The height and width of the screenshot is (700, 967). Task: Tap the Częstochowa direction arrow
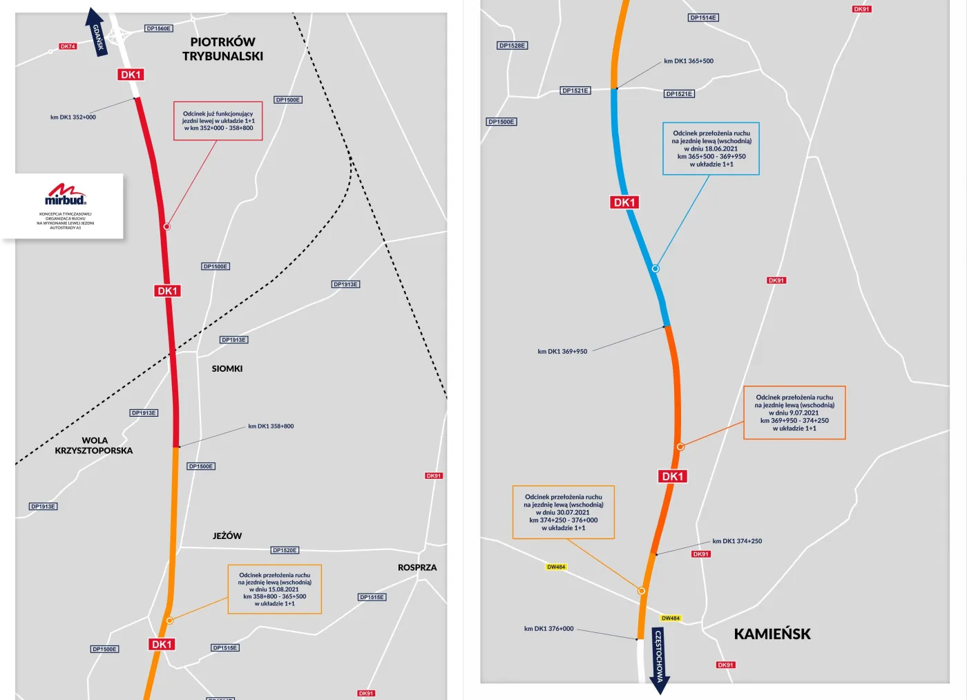point(659,660)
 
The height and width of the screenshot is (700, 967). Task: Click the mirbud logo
point(66,195)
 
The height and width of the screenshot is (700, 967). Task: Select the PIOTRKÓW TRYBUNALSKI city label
point(222,49)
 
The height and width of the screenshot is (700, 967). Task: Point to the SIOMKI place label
point(227,369)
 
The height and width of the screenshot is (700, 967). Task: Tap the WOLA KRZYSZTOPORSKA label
point(94,446)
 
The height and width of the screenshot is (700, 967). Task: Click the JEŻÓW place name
point(227,536)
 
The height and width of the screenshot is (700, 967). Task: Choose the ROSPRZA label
point(417,567)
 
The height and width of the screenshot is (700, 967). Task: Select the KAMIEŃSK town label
point(772,634)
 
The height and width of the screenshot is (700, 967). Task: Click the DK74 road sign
point(68,46)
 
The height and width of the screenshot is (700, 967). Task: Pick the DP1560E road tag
point(159,28)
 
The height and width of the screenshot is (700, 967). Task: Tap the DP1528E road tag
point(513,46)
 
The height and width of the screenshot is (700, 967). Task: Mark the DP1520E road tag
point(285,550)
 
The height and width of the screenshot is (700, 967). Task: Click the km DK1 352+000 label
point(73,117)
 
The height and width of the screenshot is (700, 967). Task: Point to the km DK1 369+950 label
point(562,352)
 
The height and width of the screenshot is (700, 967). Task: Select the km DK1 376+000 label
point(548,629)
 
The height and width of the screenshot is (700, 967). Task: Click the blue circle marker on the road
point(655,269)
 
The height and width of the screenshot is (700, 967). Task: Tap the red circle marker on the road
point(166,227)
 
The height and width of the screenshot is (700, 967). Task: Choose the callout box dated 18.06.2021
point(711,149)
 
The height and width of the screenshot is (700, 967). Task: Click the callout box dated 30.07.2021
point(563,512)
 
